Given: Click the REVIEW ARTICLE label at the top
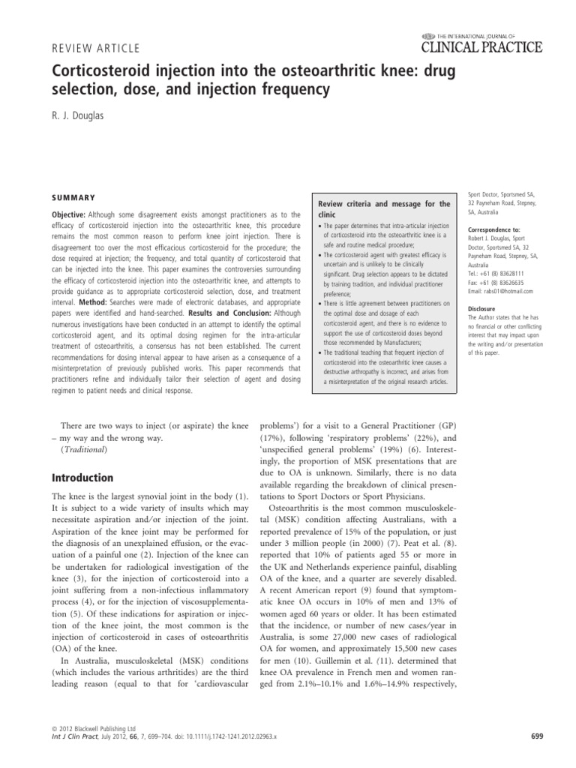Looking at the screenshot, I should click(x=95, y=49).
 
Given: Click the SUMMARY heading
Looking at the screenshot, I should click(x=73, y=198).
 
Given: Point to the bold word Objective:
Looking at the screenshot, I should click(x=73, y=214).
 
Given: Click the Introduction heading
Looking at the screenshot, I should click(x=82, y=477).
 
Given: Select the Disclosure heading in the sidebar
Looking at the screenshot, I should click(x=481, y=307).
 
